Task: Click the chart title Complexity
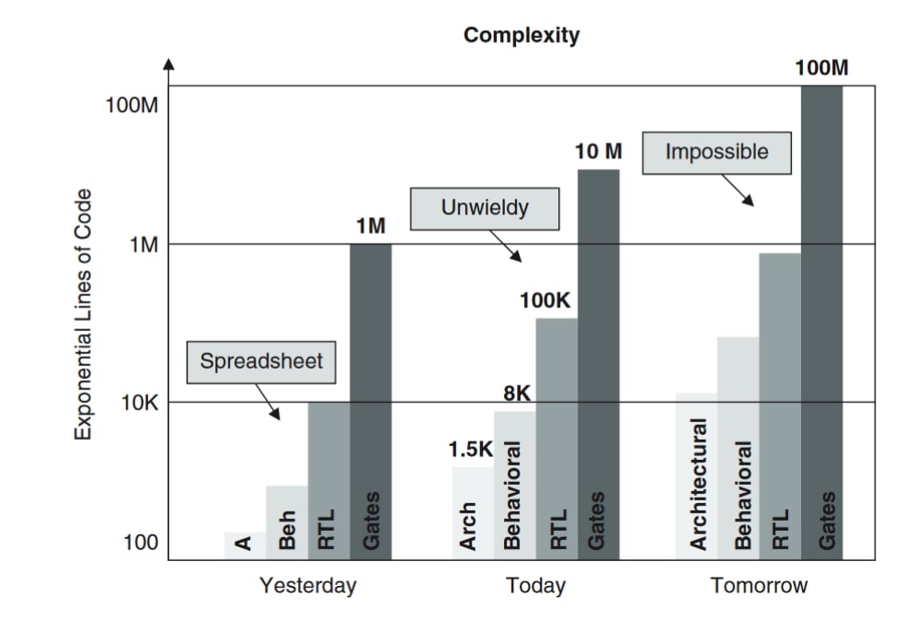point(522,36)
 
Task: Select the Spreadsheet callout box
point(260,361)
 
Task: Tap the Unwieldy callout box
point(484,208)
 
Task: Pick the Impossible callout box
point(716,152)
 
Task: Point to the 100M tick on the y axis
point(132,105)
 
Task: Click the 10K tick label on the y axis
point(139,403)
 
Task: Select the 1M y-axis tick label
point(143,245)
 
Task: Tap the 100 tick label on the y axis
point(140,543)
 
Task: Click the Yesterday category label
point(307,586)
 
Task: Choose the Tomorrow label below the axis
point(759,586)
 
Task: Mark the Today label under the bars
point(535,586)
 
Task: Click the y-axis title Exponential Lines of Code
point(84,314)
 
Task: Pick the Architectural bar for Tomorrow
point(696,475)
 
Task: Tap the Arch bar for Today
point(473,512)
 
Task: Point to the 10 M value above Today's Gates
point(599,152)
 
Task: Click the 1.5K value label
point(471,451)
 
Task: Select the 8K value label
point(517,394)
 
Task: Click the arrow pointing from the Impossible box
point(737,189)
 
